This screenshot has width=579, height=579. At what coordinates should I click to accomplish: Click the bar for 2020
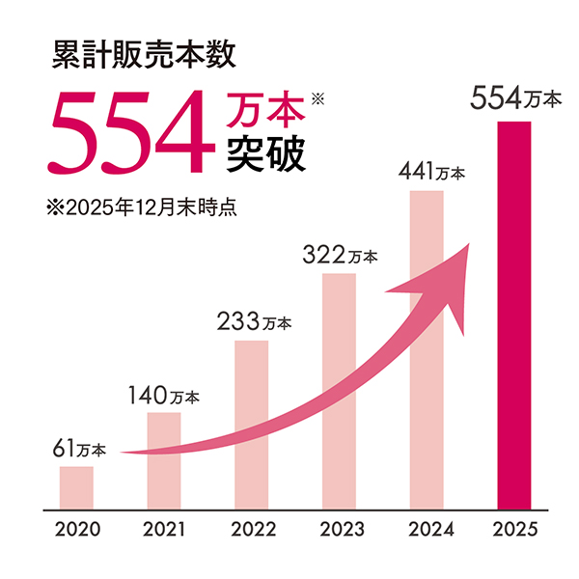(x=76, y=487)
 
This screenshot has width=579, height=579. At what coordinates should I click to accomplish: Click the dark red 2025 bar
(x=514, y=314)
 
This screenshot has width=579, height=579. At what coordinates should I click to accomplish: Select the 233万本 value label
(x=255, y=322)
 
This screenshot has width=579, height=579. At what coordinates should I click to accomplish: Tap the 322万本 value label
(x=341, y=256)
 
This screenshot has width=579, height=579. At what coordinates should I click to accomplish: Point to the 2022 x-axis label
(x=253, y=530)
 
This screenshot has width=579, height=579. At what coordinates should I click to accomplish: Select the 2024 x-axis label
(x=426, y=530)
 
